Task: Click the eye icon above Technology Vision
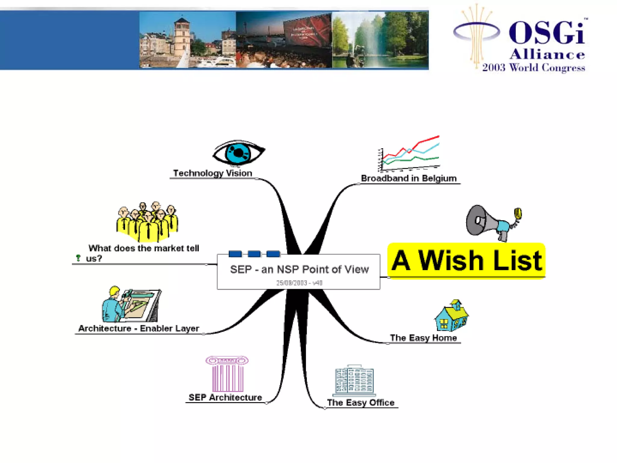[x=239, y=153]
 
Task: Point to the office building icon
[x=354, y=380]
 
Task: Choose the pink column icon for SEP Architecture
[x=227, y=374]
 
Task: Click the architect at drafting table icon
[x=131, y=304]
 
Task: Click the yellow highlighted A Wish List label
[x=466, y=261]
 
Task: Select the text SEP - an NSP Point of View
[x=299, y=269]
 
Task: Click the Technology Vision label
[x=212, y=173]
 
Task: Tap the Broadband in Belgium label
[x=409, y=178]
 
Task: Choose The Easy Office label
[x=361, y=402]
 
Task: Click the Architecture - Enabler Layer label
[x=139, y=328]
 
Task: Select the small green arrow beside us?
[x=78, y=258]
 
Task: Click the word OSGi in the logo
[x=547, y=33]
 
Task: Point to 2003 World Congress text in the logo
[x=533, y=68]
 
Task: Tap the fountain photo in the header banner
[x=380, y=40]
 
